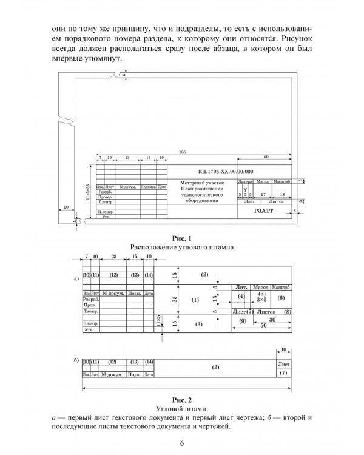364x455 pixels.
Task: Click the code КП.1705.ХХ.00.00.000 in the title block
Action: [226, 172]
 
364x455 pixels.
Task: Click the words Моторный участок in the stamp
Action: [203, 182]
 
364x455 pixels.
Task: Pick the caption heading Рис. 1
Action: [182, 238]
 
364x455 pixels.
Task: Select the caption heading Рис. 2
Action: [182, 400]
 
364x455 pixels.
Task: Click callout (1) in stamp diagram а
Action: [195, 300]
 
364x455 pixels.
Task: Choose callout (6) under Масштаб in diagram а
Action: [280, 298]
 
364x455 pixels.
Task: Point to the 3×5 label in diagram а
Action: [261, 300]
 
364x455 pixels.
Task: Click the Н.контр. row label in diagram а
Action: [91, 324]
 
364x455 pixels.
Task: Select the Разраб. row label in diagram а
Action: [91, 300]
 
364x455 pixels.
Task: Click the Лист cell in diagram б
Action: [283, 363]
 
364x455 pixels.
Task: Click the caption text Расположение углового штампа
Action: [182, 248]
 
